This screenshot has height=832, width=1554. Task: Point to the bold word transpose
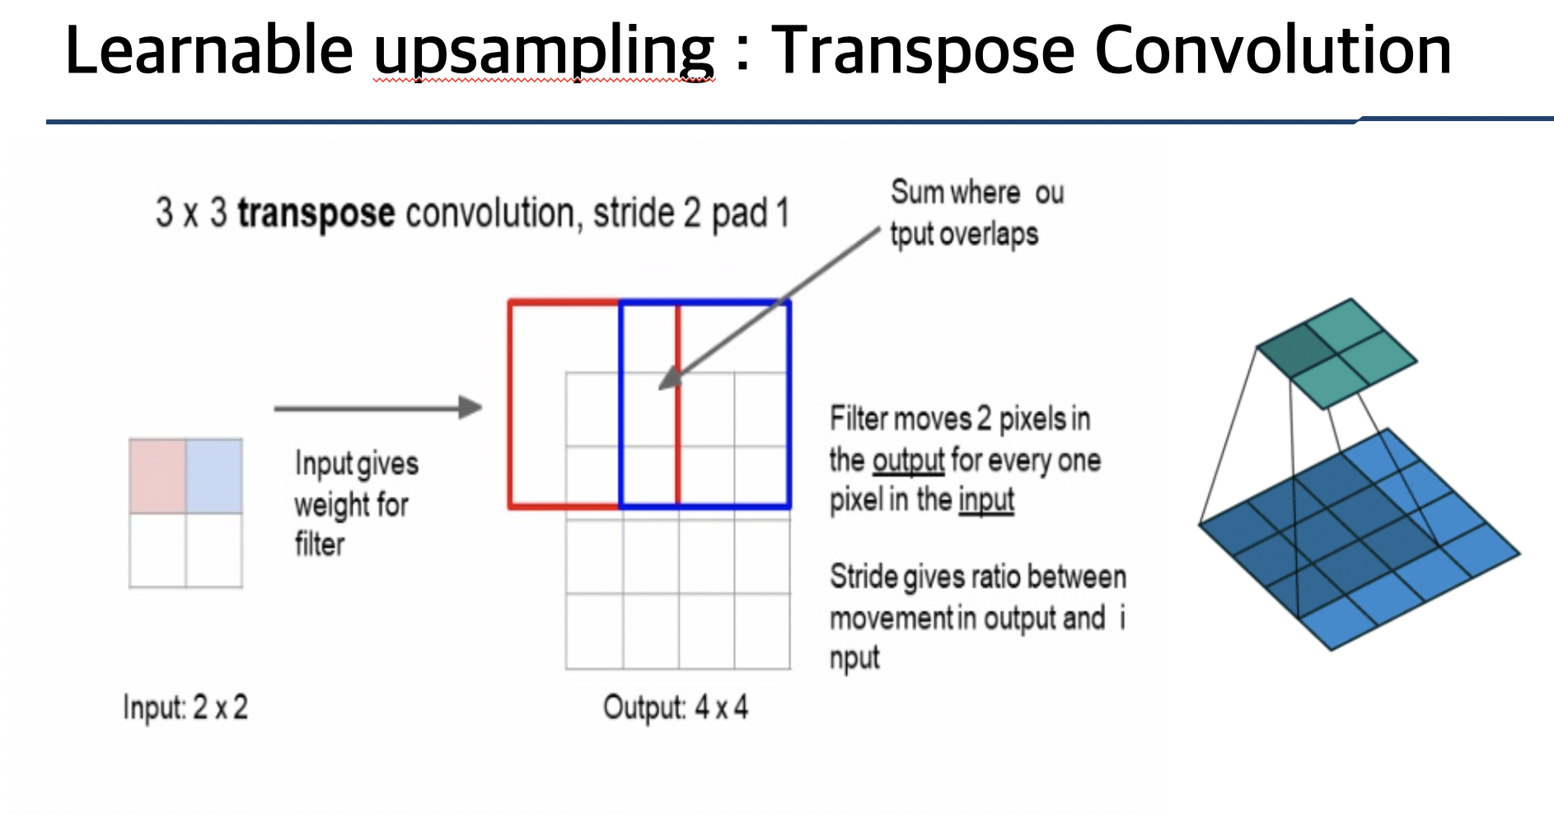click(316, 213)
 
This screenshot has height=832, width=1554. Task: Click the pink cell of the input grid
click(157, 476)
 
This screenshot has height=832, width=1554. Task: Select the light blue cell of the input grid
click(214, 476)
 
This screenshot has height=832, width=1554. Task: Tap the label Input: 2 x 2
click(185, 708)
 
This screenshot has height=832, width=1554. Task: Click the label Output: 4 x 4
click(676, 708)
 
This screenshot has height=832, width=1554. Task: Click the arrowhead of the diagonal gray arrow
click(669, 380)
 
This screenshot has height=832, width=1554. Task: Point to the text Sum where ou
click(977, 193)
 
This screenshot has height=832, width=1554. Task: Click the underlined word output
click(908, 460)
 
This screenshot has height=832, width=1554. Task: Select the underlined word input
click(986, 500)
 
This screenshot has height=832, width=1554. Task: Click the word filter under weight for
click(320, 545)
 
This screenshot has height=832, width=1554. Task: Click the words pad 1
click(750, 213)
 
